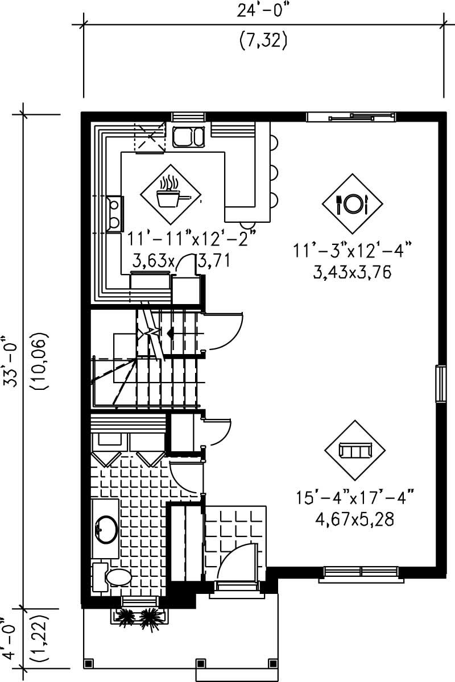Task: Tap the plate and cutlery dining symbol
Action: coord(353,203)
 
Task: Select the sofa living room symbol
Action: coord(355,450)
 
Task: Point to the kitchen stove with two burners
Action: coord(114,213)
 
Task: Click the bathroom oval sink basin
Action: coord(105,529)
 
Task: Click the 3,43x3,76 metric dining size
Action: coord(353,272)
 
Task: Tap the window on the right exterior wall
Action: coord(439,385)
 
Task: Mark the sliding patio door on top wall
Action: coord(351,117)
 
